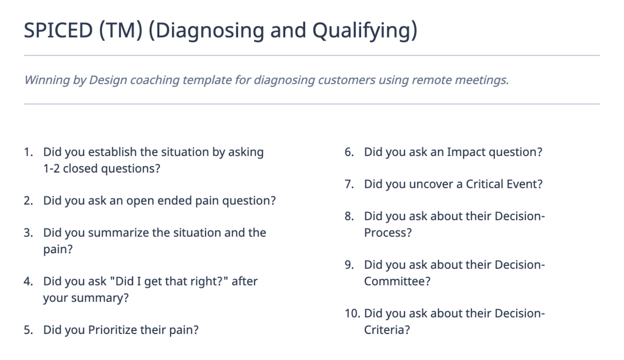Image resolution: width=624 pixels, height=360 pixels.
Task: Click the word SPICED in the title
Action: pyautogui.click(x=58, y=30)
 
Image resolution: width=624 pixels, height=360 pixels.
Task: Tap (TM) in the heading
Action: pyautogui.click(x=121, y=30)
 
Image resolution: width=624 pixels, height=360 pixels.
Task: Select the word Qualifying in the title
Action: pyautogui.click(x=365, y=31)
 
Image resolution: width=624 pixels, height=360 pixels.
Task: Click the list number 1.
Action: pyautogui.click(x=28, y=152)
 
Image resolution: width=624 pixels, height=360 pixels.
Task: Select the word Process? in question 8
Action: pyautogui.click(x=388, y=233)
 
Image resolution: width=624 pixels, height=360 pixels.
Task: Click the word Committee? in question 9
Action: pyautogui.click(x=397, y=281)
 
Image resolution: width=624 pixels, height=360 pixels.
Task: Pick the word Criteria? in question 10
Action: pyautogui.click(x=387, y=330)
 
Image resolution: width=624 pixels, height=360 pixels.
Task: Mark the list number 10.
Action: pyautogui.click(x=353, y=314)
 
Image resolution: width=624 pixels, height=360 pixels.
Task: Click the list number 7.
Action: pyautogui.click(x=349, y=184)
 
